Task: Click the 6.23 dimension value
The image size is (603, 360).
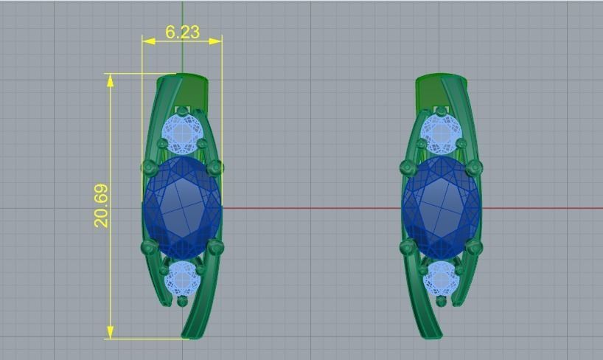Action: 182,32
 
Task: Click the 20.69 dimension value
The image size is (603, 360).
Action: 102,205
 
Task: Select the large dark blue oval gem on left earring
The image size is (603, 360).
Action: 182,207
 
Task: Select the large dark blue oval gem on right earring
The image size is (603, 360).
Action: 441,207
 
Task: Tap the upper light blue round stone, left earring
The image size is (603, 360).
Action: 181,133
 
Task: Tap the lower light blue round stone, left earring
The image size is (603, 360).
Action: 181,279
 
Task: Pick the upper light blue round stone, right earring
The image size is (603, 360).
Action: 441,134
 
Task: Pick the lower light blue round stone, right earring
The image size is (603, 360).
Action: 441,279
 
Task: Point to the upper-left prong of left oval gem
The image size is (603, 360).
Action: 150,167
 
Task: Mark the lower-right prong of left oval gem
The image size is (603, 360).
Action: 215,247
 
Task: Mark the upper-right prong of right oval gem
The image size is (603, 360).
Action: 474,167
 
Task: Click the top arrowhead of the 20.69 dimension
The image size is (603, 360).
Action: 111,80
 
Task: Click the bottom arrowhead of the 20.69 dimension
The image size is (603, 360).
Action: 111,333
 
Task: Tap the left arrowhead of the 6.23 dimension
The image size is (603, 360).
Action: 148,41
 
